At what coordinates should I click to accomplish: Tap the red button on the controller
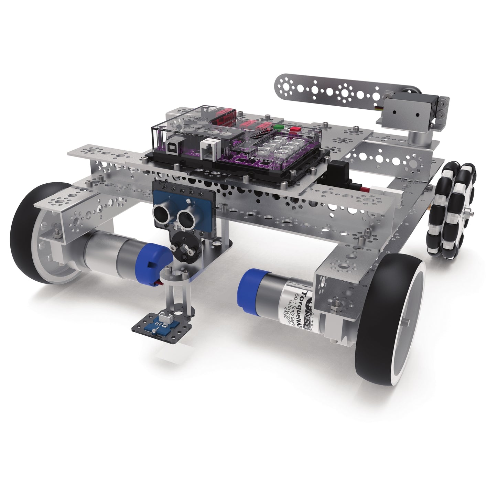pos(294,130)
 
